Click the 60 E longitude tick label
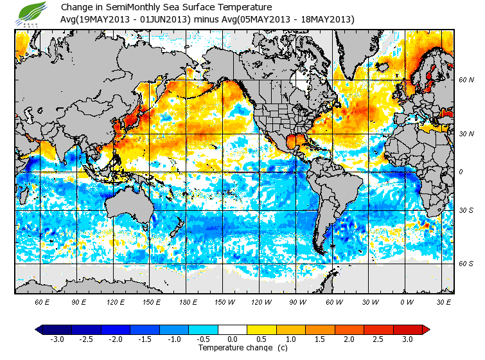42,301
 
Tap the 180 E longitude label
188,301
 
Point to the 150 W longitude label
224,301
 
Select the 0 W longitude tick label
406,301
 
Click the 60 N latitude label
466,80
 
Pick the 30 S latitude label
466,211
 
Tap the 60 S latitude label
466,264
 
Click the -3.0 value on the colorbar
58,339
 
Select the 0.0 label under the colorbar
233,339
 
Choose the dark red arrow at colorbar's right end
426,330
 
